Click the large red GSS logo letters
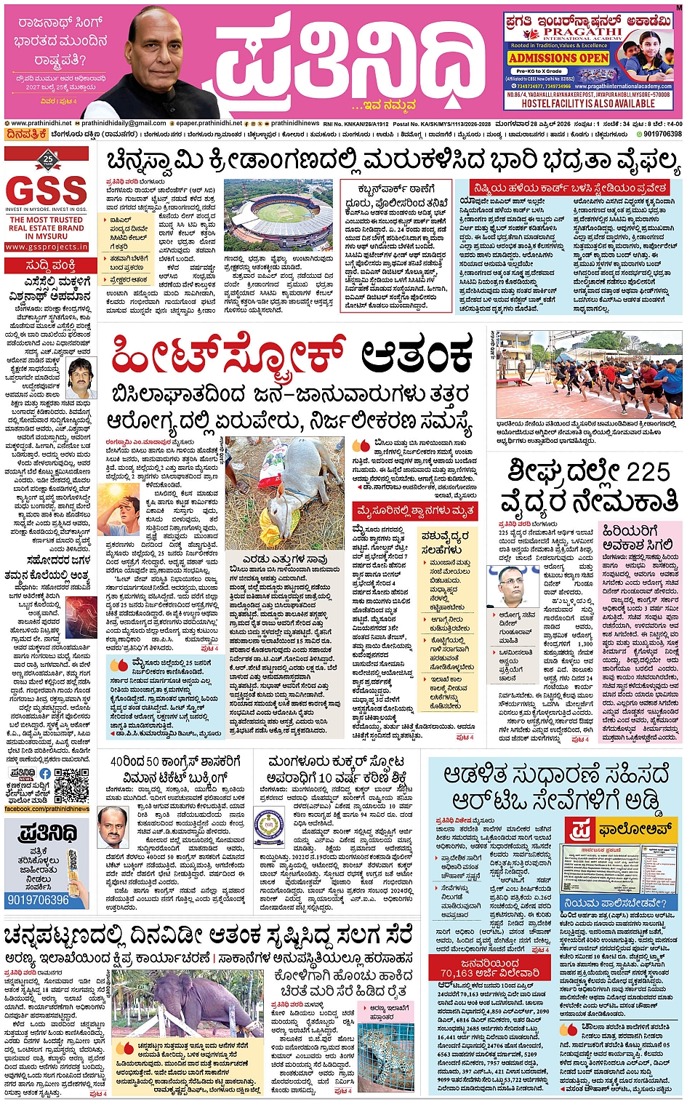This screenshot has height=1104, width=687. point(47,191)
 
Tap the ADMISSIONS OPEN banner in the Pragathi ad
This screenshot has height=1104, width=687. point(558,57)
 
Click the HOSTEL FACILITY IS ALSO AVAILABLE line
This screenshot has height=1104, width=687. point(588,103)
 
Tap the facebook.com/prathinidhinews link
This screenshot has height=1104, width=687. point(47,809)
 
